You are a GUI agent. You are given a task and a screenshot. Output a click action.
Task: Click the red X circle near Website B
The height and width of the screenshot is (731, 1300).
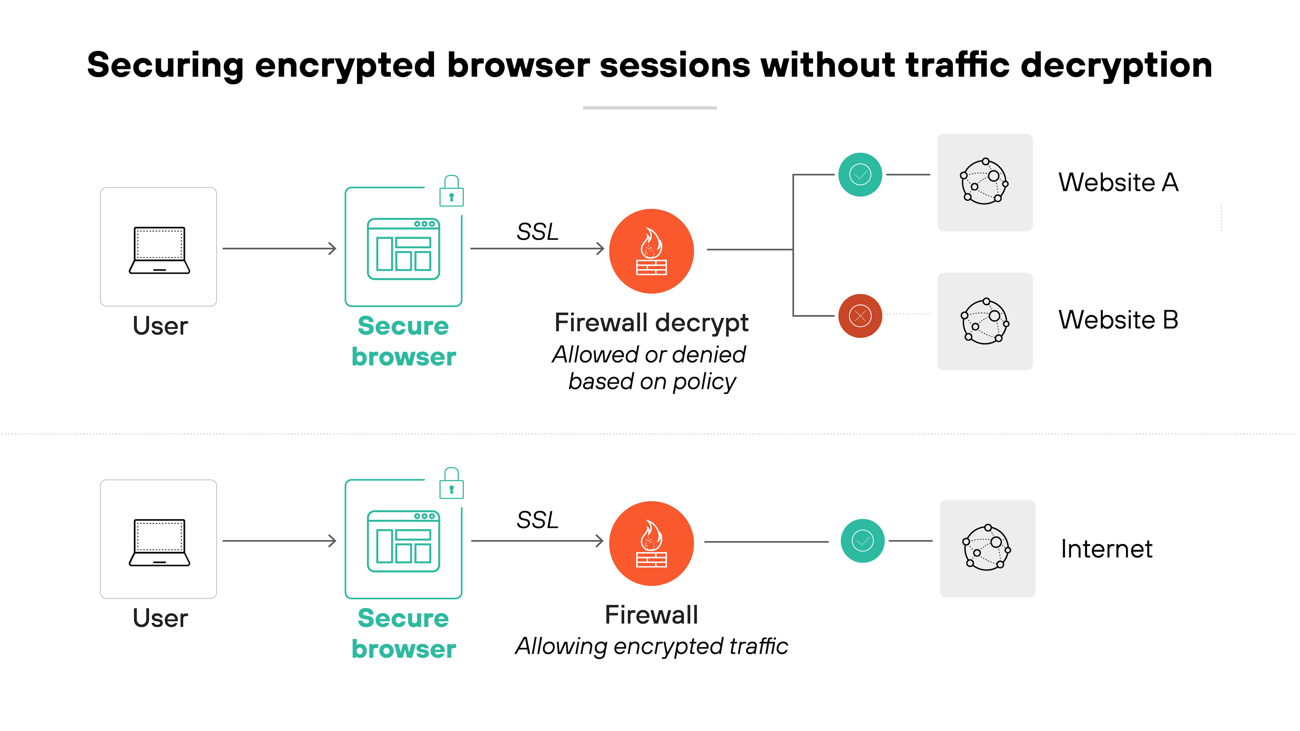coord(860,316)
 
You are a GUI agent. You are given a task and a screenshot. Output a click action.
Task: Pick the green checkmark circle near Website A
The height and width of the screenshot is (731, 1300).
coord(860,175)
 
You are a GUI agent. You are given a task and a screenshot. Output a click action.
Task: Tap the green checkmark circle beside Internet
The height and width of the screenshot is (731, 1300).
coord(862,541)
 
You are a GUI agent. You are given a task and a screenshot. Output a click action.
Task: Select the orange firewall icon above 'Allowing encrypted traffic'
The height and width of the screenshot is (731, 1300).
coord(651,543)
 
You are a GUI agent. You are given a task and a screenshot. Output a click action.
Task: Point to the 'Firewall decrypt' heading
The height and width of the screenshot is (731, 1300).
coord(651,322)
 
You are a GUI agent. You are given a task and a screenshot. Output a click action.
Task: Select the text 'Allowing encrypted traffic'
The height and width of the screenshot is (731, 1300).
coord(651,646)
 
